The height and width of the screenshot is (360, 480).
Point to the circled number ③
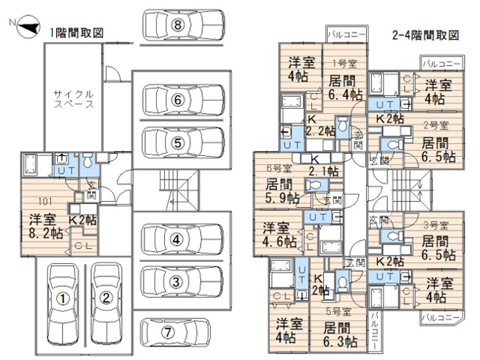[174, 281]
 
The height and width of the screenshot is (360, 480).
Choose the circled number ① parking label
[64, 298]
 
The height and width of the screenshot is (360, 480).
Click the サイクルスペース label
[73, 100]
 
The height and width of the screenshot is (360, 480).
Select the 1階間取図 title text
[76, 32]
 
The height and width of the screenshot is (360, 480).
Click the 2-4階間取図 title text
[425, 35]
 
